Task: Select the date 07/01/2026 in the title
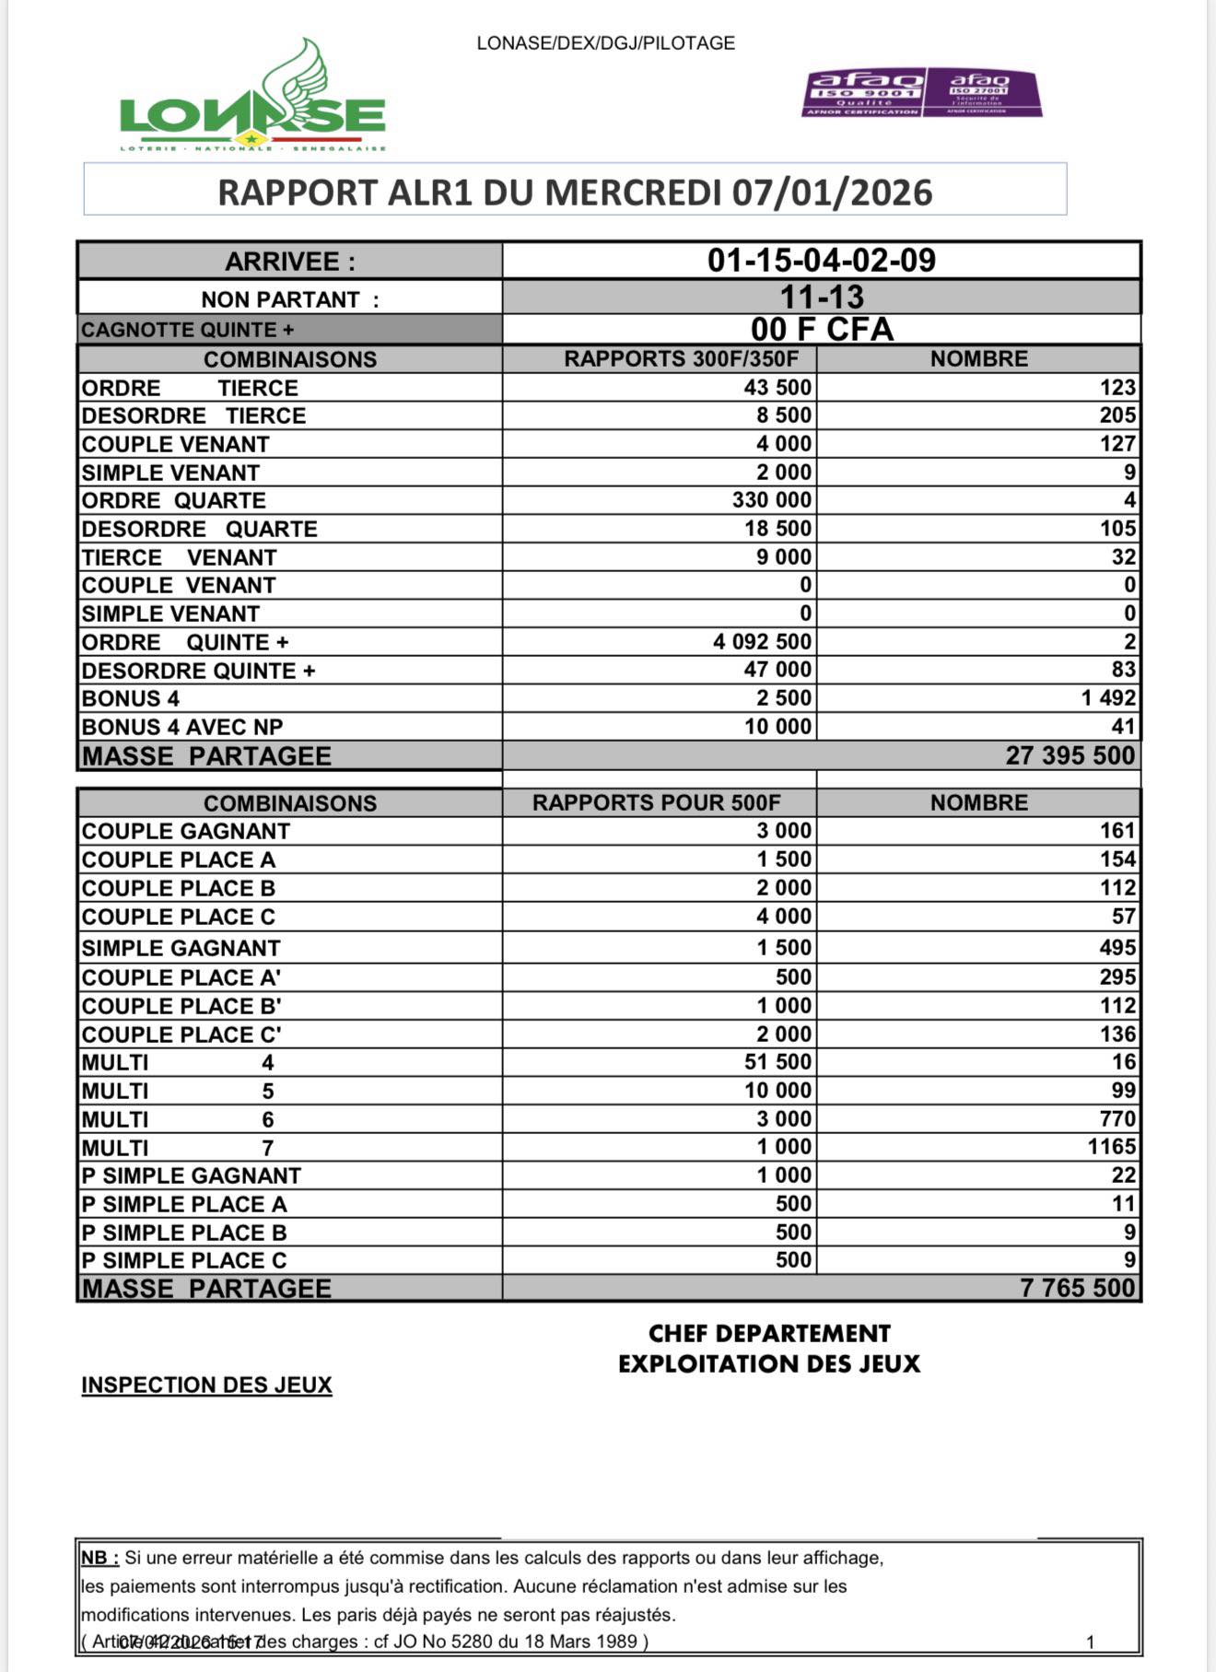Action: pos(832,193)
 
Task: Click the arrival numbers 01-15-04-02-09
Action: pos(821,261)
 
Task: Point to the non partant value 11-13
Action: pos(821,298)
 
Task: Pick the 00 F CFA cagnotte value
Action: pos(821,329)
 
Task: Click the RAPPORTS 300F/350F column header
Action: pos(681,358)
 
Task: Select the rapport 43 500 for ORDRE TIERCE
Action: pos(777,387)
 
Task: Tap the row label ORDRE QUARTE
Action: pos(173,500)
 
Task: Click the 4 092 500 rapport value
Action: pos(762,641)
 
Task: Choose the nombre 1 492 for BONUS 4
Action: pos(1108,697)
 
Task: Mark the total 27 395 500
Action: pos(1070,755)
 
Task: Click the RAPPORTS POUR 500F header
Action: pos(656,802)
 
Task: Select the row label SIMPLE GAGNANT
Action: pos(181,948)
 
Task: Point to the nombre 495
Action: pos(1117,947)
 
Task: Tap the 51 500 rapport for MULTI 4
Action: pos(778,1061)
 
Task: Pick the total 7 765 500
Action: pos(1077,1288)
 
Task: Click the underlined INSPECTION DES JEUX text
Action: pos(206,1385)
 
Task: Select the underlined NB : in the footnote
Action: pos(99,1558)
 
